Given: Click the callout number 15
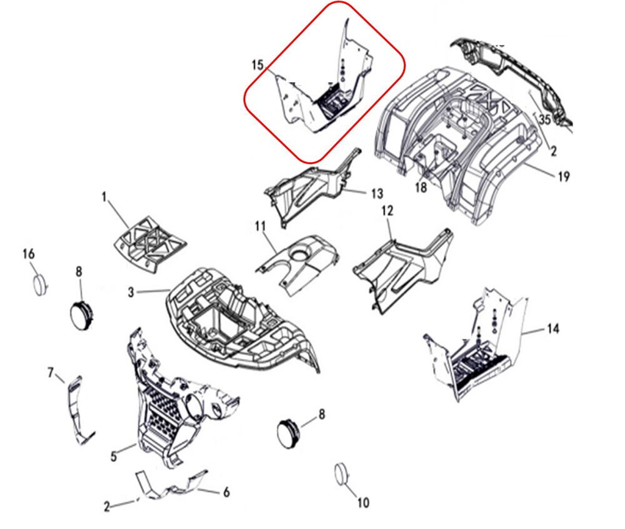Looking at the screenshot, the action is click(x=258, y=64).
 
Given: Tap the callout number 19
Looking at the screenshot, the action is click(x=564, y=176).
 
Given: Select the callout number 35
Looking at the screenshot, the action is click(x=545, y=119).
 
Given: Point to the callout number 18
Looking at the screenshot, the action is click(x=421, y=187).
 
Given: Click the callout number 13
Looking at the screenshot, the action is click(x=377, y=193).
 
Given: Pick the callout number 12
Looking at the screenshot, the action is click(x=387, y=211).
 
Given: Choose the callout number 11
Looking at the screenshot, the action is click(x=260, y=227).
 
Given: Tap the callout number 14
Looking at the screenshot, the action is click(x=553, y=329).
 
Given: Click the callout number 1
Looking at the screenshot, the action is click(x=104, y=197).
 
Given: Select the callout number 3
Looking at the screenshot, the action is click(x=131, y=292).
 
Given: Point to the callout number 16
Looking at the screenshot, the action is click(x=29, y=254).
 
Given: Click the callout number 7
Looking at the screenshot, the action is click(x=51, y=373).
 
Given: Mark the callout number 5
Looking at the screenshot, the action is click(x=114, y=456).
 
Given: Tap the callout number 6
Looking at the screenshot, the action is click(x=226, y=492).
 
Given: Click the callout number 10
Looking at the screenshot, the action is click(x=362, y=503).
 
